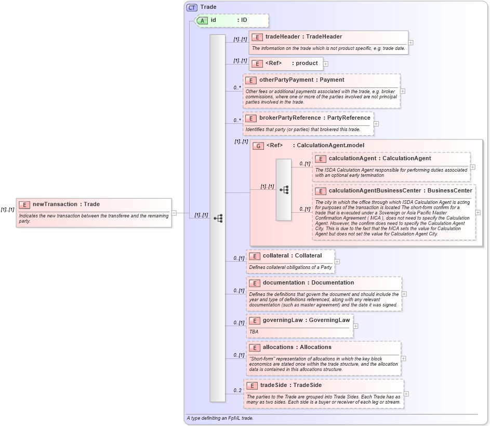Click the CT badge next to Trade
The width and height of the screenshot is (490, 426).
coord(192,7)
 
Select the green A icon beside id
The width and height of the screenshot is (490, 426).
coord(202,20)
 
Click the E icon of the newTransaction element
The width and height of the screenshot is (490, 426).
coord(24,204)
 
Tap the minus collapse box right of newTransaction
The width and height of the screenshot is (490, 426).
coord(174,212)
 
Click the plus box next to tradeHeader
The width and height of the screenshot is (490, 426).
coord(410,43)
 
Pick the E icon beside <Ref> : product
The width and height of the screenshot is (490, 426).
coord(256,63)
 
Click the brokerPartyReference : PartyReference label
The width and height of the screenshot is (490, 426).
coord(314,118)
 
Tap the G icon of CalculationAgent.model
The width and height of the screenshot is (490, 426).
coord(258,146)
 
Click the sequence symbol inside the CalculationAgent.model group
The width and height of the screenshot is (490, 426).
coord(284,190)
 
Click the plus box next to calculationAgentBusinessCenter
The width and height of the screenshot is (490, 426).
coord(478,212)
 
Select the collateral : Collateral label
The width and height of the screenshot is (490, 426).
coord(292,255)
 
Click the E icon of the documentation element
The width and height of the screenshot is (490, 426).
coord(254,283)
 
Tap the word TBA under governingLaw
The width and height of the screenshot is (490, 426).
coord(254,331)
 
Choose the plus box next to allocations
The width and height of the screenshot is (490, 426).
coord(403,358)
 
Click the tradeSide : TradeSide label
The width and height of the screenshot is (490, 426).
coord(290,385)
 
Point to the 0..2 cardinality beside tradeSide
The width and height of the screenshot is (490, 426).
coord(237,390)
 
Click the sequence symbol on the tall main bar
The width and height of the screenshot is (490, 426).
coord(218,218)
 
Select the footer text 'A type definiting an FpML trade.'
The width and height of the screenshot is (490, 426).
coord(220,418)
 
